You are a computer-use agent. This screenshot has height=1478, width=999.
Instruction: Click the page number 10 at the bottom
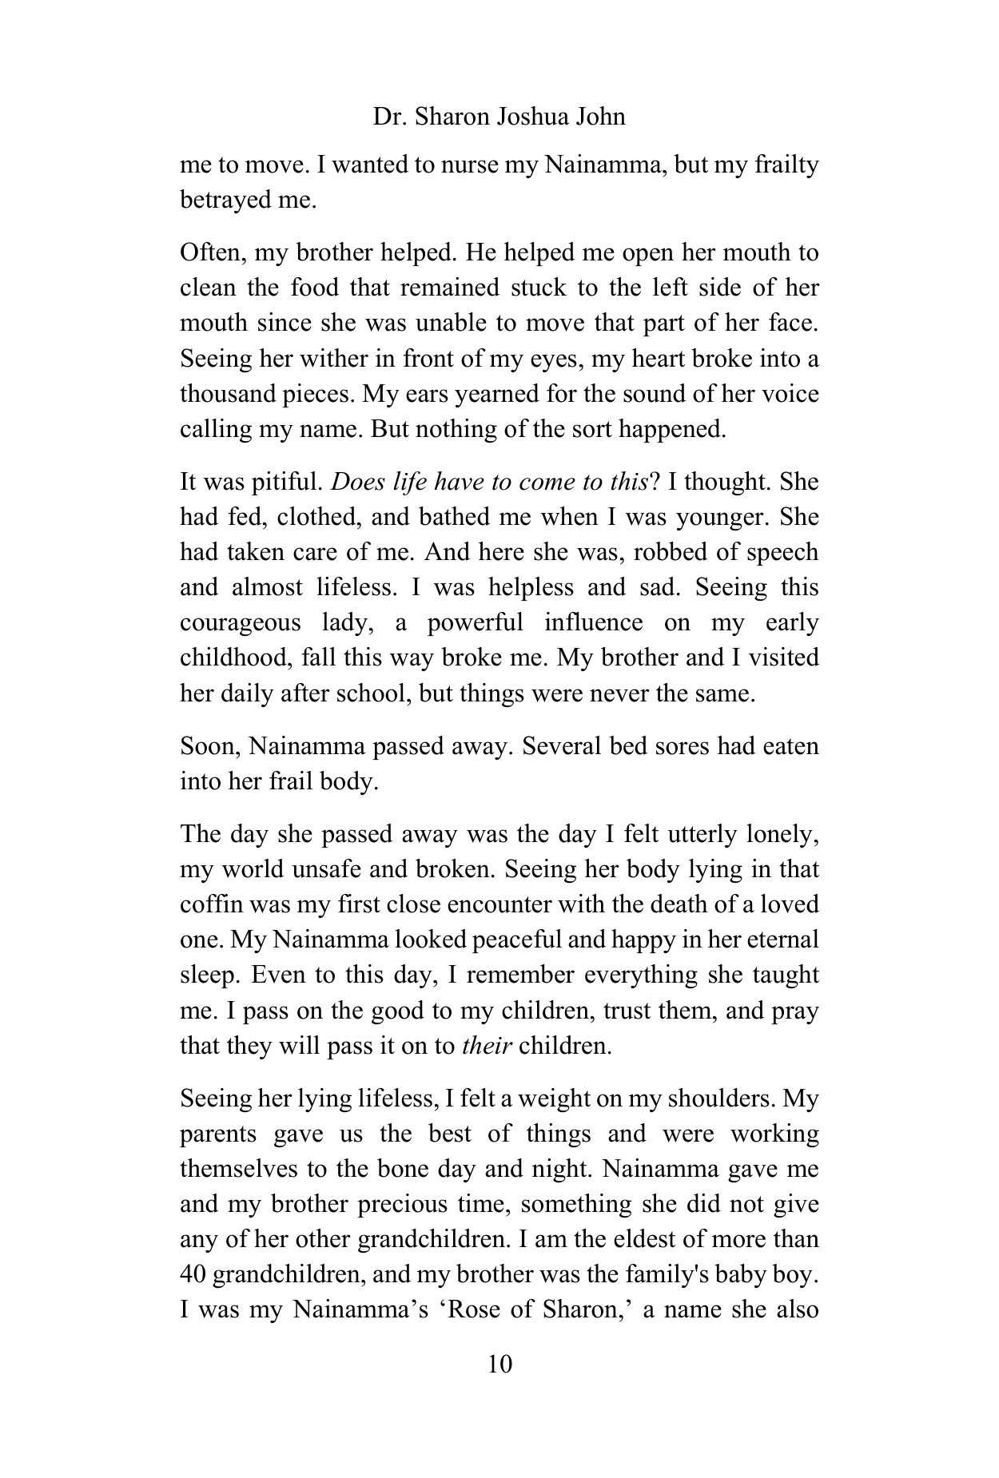coord(499,1364)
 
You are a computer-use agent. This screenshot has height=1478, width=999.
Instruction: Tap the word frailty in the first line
coord(786,165)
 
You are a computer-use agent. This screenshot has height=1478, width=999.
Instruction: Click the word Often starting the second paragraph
coord(205,253)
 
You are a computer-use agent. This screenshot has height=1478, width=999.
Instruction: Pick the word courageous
coord(240,622)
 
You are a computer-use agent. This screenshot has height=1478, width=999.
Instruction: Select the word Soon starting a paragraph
coord(210,746)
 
